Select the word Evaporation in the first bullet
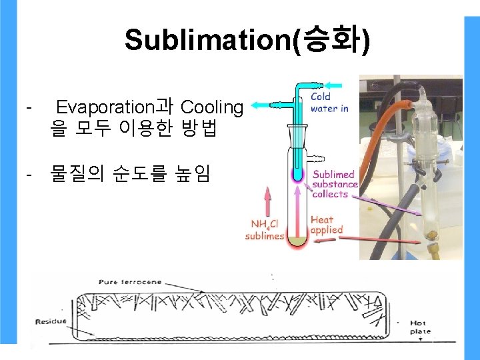tap(105, 107)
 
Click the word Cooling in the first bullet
tap(212, 107)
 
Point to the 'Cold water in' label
tap(329, 103)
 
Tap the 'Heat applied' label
tap(326, 224)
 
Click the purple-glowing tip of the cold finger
tap(297, 175)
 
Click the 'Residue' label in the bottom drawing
tap(51, 322)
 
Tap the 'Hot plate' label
tap(420, 327)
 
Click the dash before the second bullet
tap(28, 175)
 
